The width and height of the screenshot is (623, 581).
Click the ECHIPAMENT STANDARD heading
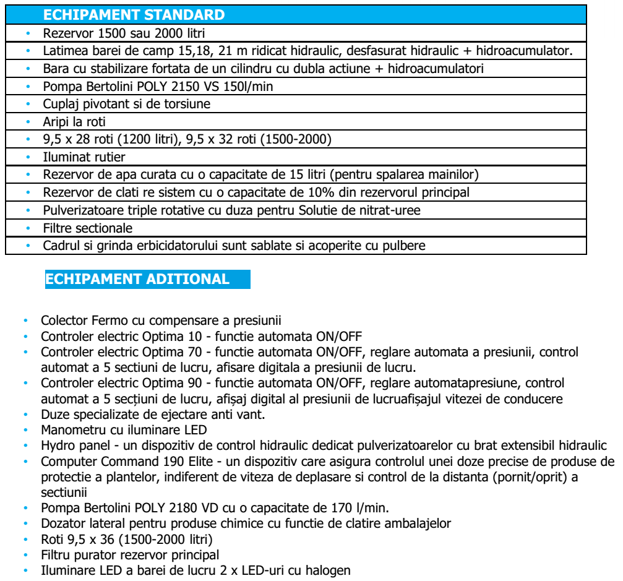pyautogui.click(x=135, y=14)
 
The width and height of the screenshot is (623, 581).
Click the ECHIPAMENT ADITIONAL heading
pyautogui.click(x=137, y=278)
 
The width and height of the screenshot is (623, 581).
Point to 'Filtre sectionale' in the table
pyautogui.click(x=88, y=228)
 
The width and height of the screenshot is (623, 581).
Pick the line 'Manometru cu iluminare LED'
pyautogui.click(x=114, y=429)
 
